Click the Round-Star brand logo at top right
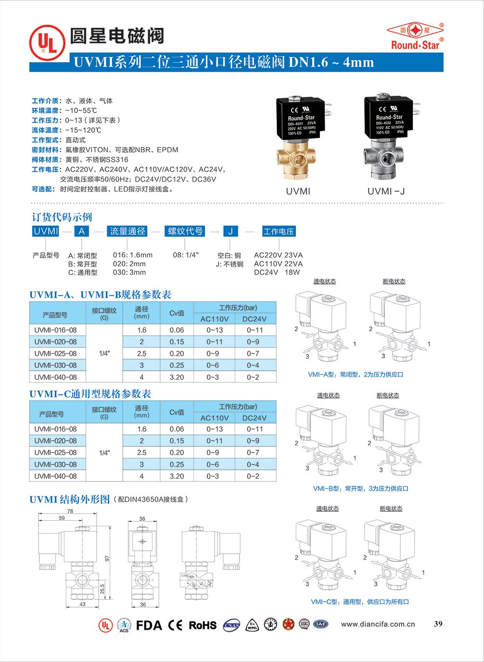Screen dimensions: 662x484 (x=415, y=36)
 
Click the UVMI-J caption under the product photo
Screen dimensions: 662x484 (x=386, y=191)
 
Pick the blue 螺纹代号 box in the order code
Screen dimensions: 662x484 (x=185, y=231)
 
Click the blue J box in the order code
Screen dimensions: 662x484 (x=230, y=231)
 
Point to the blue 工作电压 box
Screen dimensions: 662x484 (x=279, y=231)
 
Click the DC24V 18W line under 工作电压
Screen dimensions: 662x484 (x=277, y=272)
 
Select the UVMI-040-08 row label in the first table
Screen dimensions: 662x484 (x=55, y=377)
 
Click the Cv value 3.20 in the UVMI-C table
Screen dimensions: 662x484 (x=177, y=476)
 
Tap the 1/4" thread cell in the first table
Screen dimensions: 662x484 (x=104, y=353)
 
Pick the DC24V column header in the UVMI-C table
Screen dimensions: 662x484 (x=255, y=418)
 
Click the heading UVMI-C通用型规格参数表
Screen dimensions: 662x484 (x=90, y=394)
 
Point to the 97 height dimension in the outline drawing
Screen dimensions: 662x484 (x=108, y=558)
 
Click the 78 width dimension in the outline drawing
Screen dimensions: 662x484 (x=70, y=511)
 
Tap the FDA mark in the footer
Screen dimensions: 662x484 (x=149, y=625)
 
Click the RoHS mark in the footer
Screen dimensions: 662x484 (x=202, y=625)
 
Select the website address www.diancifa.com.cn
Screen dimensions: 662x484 (x=378, y=624)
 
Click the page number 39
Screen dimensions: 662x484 (x=438, y=624)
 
